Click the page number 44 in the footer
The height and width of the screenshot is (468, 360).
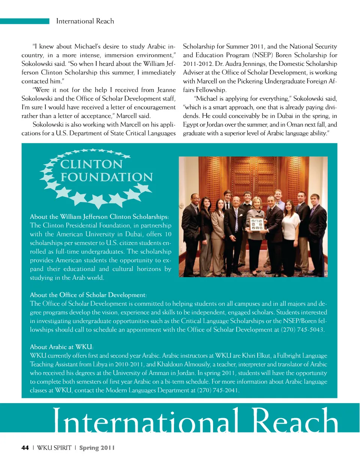[25, 448]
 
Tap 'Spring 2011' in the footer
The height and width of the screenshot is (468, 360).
[97, 448]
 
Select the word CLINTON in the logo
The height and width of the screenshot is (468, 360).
[91, 164]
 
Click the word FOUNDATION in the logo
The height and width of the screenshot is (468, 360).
[107, 177]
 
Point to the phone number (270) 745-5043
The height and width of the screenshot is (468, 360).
[302, 330]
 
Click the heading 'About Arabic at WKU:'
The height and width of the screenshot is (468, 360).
[61, 347]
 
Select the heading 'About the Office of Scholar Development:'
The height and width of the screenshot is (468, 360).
[88, 295]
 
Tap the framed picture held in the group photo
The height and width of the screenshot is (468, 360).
[257, 224]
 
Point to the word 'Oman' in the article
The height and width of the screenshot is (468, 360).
[294, 125]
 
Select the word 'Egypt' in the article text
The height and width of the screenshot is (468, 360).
[190, 125]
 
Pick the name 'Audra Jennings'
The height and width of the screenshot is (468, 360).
[245, 64]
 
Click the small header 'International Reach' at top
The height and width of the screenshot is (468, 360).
[85, 21]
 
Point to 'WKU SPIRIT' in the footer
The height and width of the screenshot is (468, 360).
[54, 448]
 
